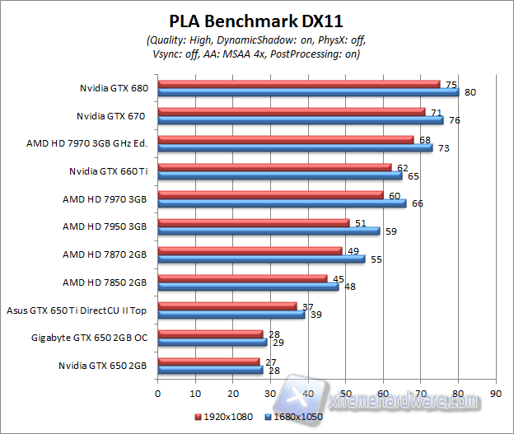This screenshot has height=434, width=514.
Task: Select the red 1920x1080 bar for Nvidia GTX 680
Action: pyautogui.click(x=299, y=84)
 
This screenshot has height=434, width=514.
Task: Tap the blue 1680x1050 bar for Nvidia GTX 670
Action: pyautogui.click(x=300, y=120)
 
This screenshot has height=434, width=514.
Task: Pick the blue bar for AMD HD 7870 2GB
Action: pyautogui.click(x=261, y=259)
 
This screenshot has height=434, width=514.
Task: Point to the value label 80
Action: pyautogui.click(x=470, y=92)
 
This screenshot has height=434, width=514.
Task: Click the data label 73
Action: pyautogui.click(x=444, y=148)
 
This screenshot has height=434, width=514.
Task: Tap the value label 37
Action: pyautogui.click(x=309, y=306)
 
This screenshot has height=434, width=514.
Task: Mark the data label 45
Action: pyautogui.click(x=339, y=278)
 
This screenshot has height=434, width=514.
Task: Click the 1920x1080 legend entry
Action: pyautogui.click(x=227, y=418)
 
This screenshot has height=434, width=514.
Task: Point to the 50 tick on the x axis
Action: pyautogui.click(x=345, y=394)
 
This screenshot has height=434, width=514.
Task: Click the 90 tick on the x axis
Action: pyautogui.click(x=495, y=394)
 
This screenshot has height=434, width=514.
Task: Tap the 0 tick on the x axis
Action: pyautogui.click(x=157, y=394)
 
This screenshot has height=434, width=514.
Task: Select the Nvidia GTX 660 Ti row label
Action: pyautogui.click(x=108, y=171)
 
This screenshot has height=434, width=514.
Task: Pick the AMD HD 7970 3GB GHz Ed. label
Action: pyautogui.click(x=86, y=143)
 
